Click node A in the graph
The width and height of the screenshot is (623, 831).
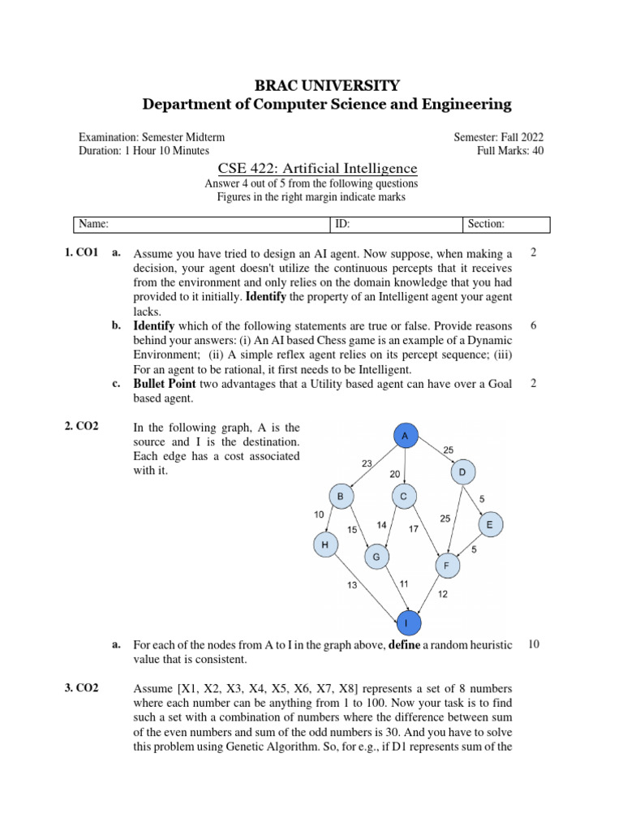[405, 437]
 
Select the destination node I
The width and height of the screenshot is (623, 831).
[407, 623]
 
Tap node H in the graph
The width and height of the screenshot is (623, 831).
[324, 546]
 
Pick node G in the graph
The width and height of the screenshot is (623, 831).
[376, 557]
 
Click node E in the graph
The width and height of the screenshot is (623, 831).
[489, 526]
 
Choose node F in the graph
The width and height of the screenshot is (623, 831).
[445, 565]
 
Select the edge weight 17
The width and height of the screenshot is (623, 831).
[413, 529]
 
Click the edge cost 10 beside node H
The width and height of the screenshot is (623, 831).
[319, 515]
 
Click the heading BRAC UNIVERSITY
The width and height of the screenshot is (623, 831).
[327, 85]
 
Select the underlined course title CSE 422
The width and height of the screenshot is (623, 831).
[318, 169]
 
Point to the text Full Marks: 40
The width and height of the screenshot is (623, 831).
[510, 151]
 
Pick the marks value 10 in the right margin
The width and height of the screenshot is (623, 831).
[533, 644]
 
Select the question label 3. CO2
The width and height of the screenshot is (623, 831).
[81, 688]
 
